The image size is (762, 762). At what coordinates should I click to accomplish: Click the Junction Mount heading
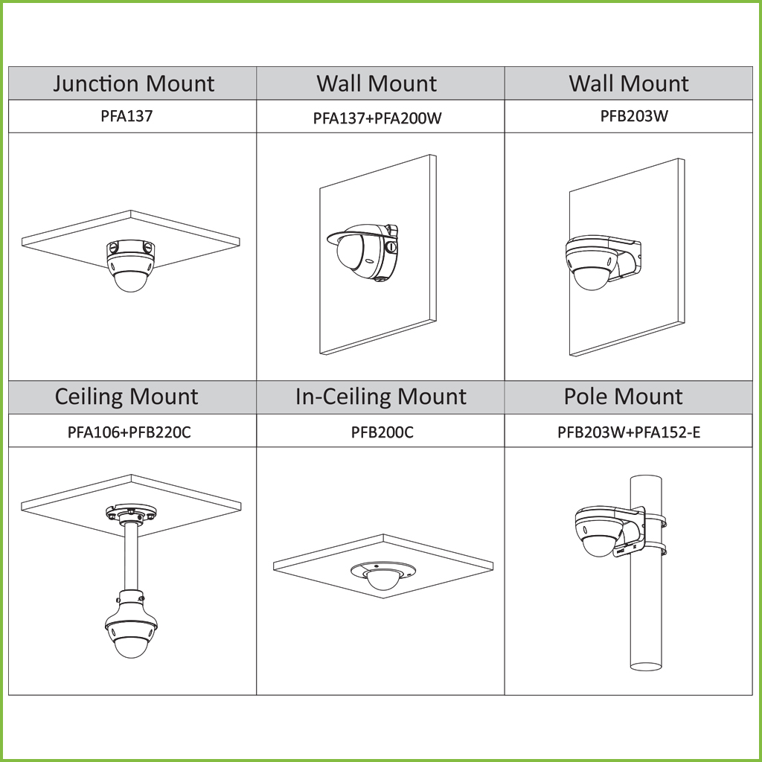134,84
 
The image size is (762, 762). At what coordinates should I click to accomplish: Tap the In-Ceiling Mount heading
381,397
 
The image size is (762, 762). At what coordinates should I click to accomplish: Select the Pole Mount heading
623,396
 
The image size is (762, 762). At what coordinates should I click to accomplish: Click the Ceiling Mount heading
127,397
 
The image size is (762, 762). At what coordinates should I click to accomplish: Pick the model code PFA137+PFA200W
377,118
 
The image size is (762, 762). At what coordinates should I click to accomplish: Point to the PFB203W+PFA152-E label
629,432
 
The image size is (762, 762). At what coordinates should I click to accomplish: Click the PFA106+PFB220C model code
129,432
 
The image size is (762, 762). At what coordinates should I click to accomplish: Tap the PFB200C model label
382,432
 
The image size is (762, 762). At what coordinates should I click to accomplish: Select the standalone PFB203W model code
634,116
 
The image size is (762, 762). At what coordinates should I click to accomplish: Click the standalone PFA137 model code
127,116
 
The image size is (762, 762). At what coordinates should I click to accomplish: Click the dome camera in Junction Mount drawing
130,266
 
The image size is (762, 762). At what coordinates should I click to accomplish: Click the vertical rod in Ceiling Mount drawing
131,557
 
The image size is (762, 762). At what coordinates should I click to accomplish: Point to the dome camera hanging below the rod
131,624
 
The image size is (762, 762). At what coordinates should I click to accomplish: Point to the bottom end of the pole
646,667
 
